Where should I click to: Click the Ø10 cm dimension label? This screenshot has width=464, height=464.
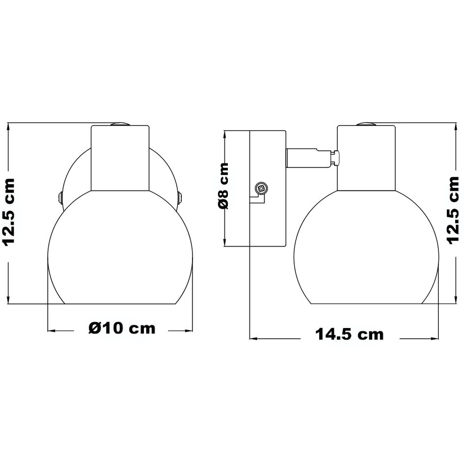tap(122, 328)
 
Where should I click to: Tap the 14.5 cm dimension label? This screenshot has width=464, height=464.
tap(349, 334)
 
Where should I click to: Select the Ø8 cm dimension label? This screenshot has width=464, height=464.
tap(224, 186)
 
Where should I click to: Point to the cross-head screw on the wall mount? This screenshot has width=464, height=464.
tap(262, 188)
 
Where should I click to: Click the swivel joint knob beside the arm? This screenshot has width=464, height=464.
tap(335, 158)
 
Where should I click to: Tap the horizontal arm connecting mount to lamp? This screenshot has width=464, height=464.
tap(308, 158)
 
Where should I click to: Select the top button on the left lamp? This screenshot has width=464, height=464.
tap(121, 124)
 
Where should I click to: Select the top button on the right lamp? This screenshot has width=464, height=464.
tap(367, 124)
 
